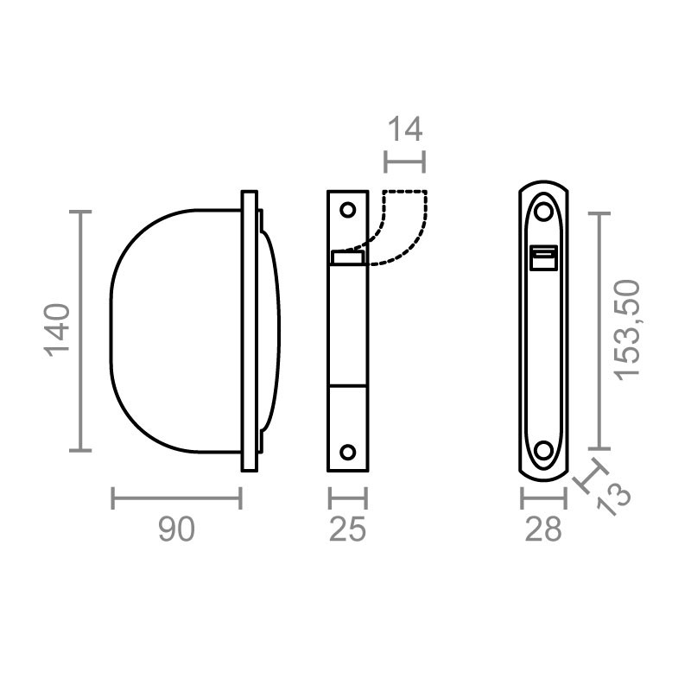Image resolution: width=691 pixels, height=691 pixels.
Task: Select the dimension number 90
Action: click(x=176, y=529)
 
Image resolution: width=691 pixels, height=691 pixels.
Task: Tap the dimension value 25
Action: click(x=348, y=529)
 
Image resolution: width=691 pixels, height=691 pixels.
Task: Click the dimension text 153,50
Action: click(x=628, y=329)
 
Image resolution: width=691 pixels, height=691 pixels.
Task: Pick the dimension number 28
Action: click(x=543, y=529)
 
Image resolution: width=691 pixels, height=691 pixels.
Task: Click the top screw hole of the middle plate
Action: click(x=348, y=210)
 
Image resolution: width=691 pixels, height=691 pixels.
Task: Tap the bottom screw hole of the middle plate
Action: click(x=348, y=452)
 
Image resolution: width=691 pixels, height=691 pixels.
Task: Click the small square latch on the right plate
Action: click(x=543, y=257)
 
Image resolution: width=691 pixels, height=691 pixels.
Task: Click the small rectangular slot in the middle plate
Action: click(x=348, y=257)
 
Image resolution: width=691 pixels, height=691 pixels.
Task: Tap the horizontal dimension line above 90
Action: click(x=176, y=498)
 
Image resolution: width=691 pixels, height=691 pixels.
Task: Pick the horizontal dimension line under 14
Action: click(x=404, y=161)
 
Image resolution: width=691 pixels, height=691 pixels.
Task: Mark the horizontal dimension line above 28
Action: click(x=543, y=498)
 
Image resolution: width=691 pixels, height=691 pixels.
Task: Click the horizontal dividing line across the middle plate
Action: click(x=348, y=382)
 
